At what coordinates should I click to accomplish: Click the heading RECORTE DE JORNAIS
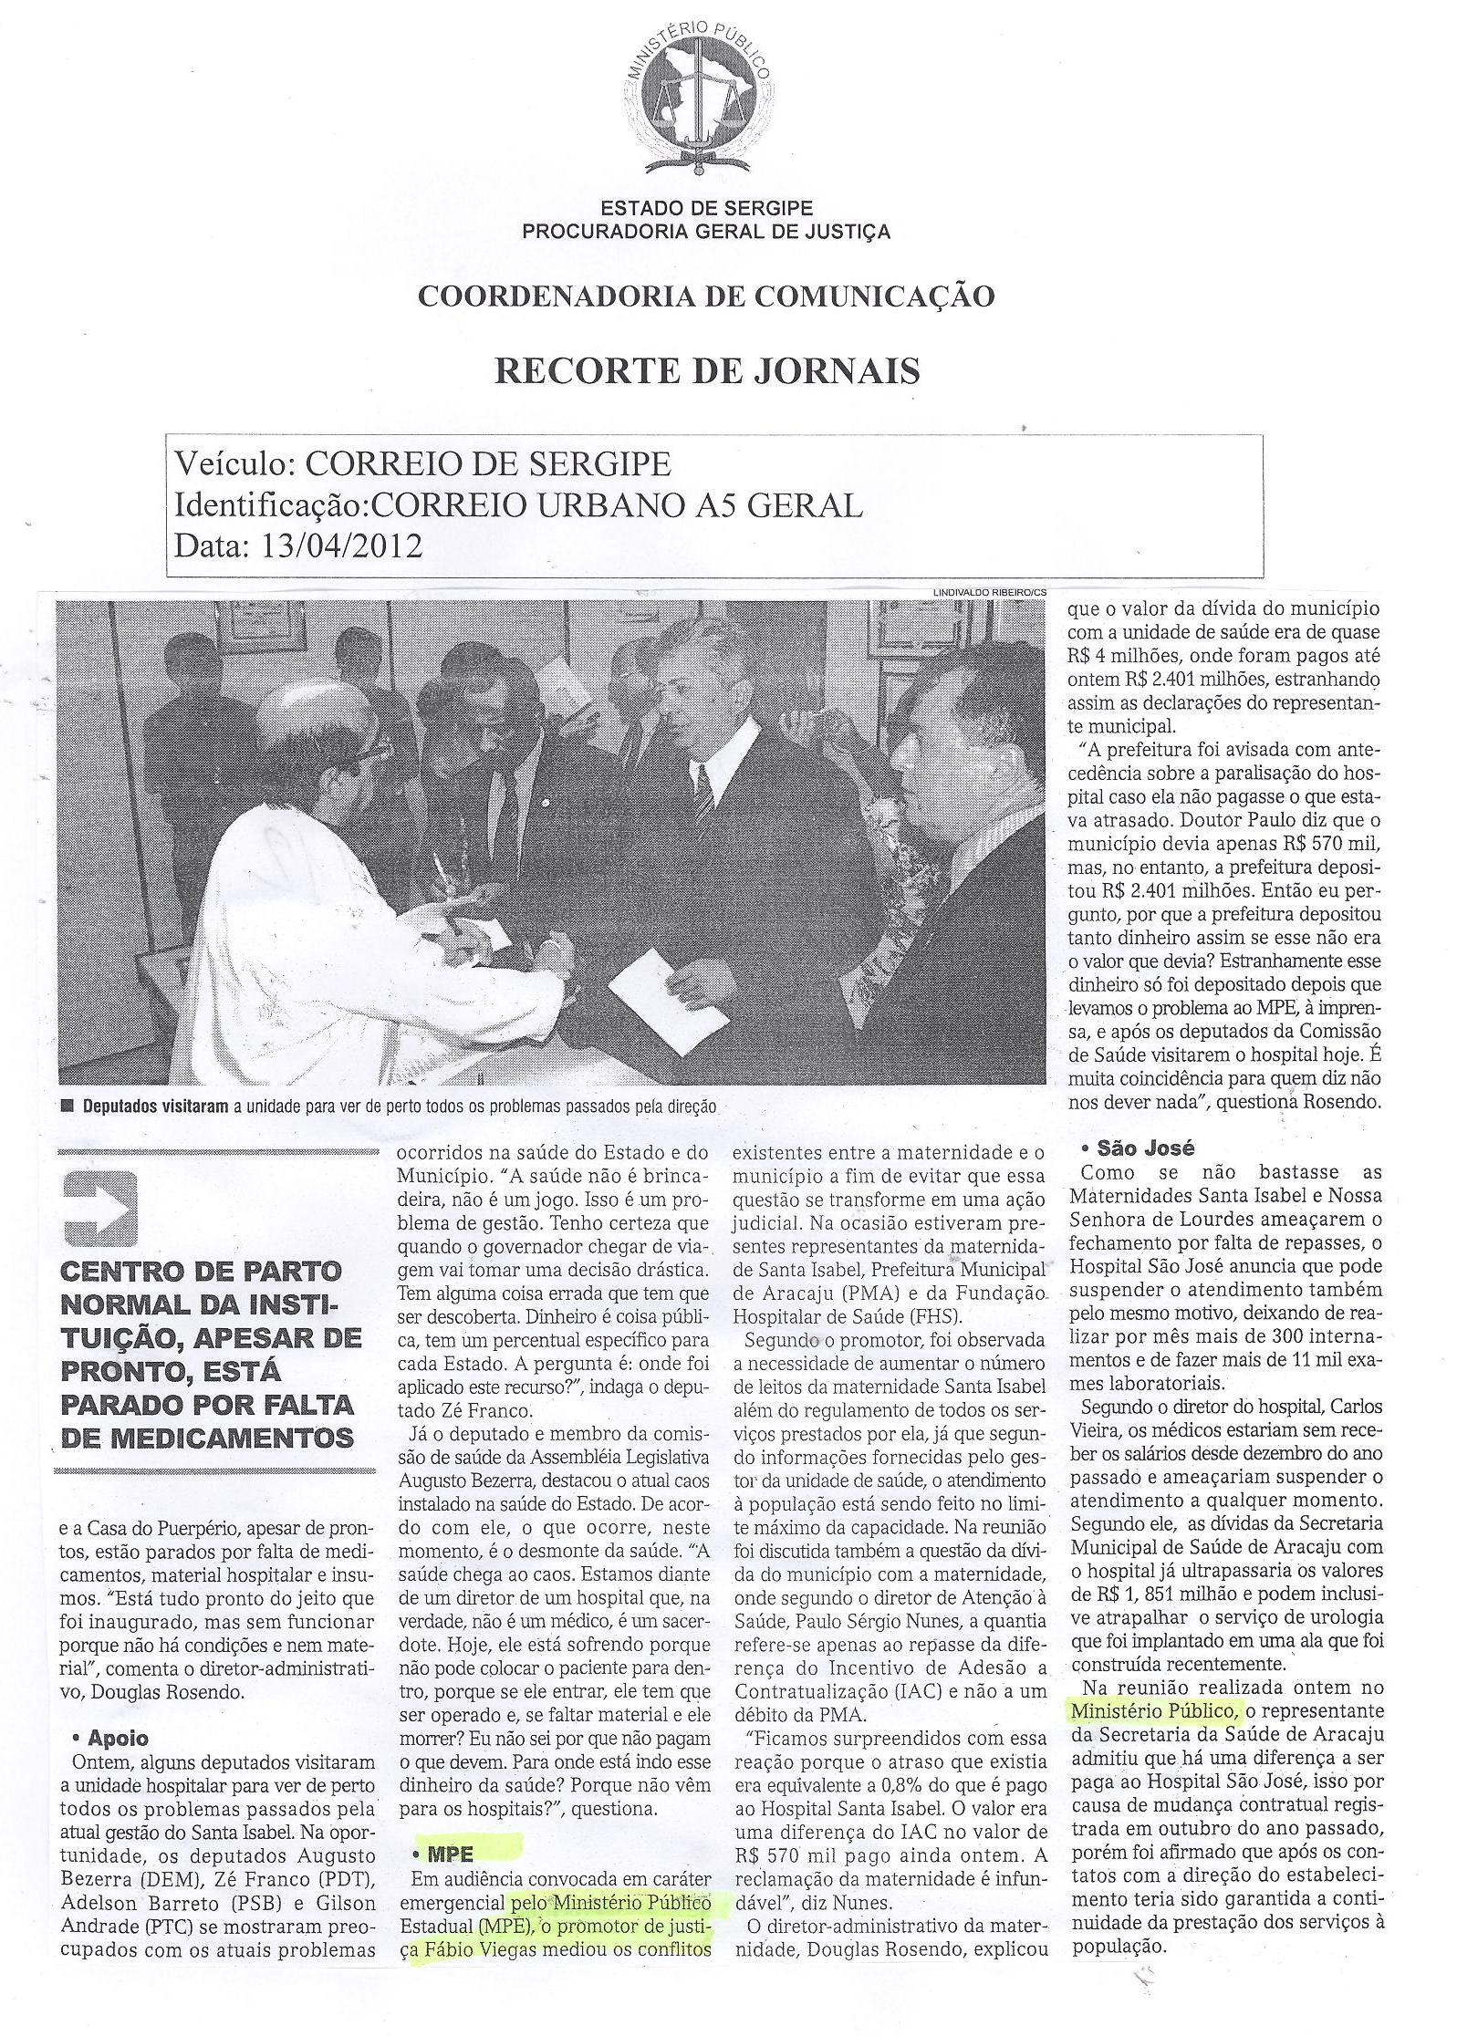coord(706,371)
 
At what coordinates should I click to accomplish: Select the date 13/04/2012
coord(341,545)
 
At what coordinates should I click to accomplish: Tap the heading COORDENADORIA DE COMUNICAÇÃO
coord(705,296)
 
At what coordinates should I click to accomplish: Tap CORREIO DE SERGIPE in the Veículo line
coord(487,465)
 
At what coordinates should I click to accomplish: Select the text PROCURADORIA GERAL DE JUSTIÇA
coord(705,231)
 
